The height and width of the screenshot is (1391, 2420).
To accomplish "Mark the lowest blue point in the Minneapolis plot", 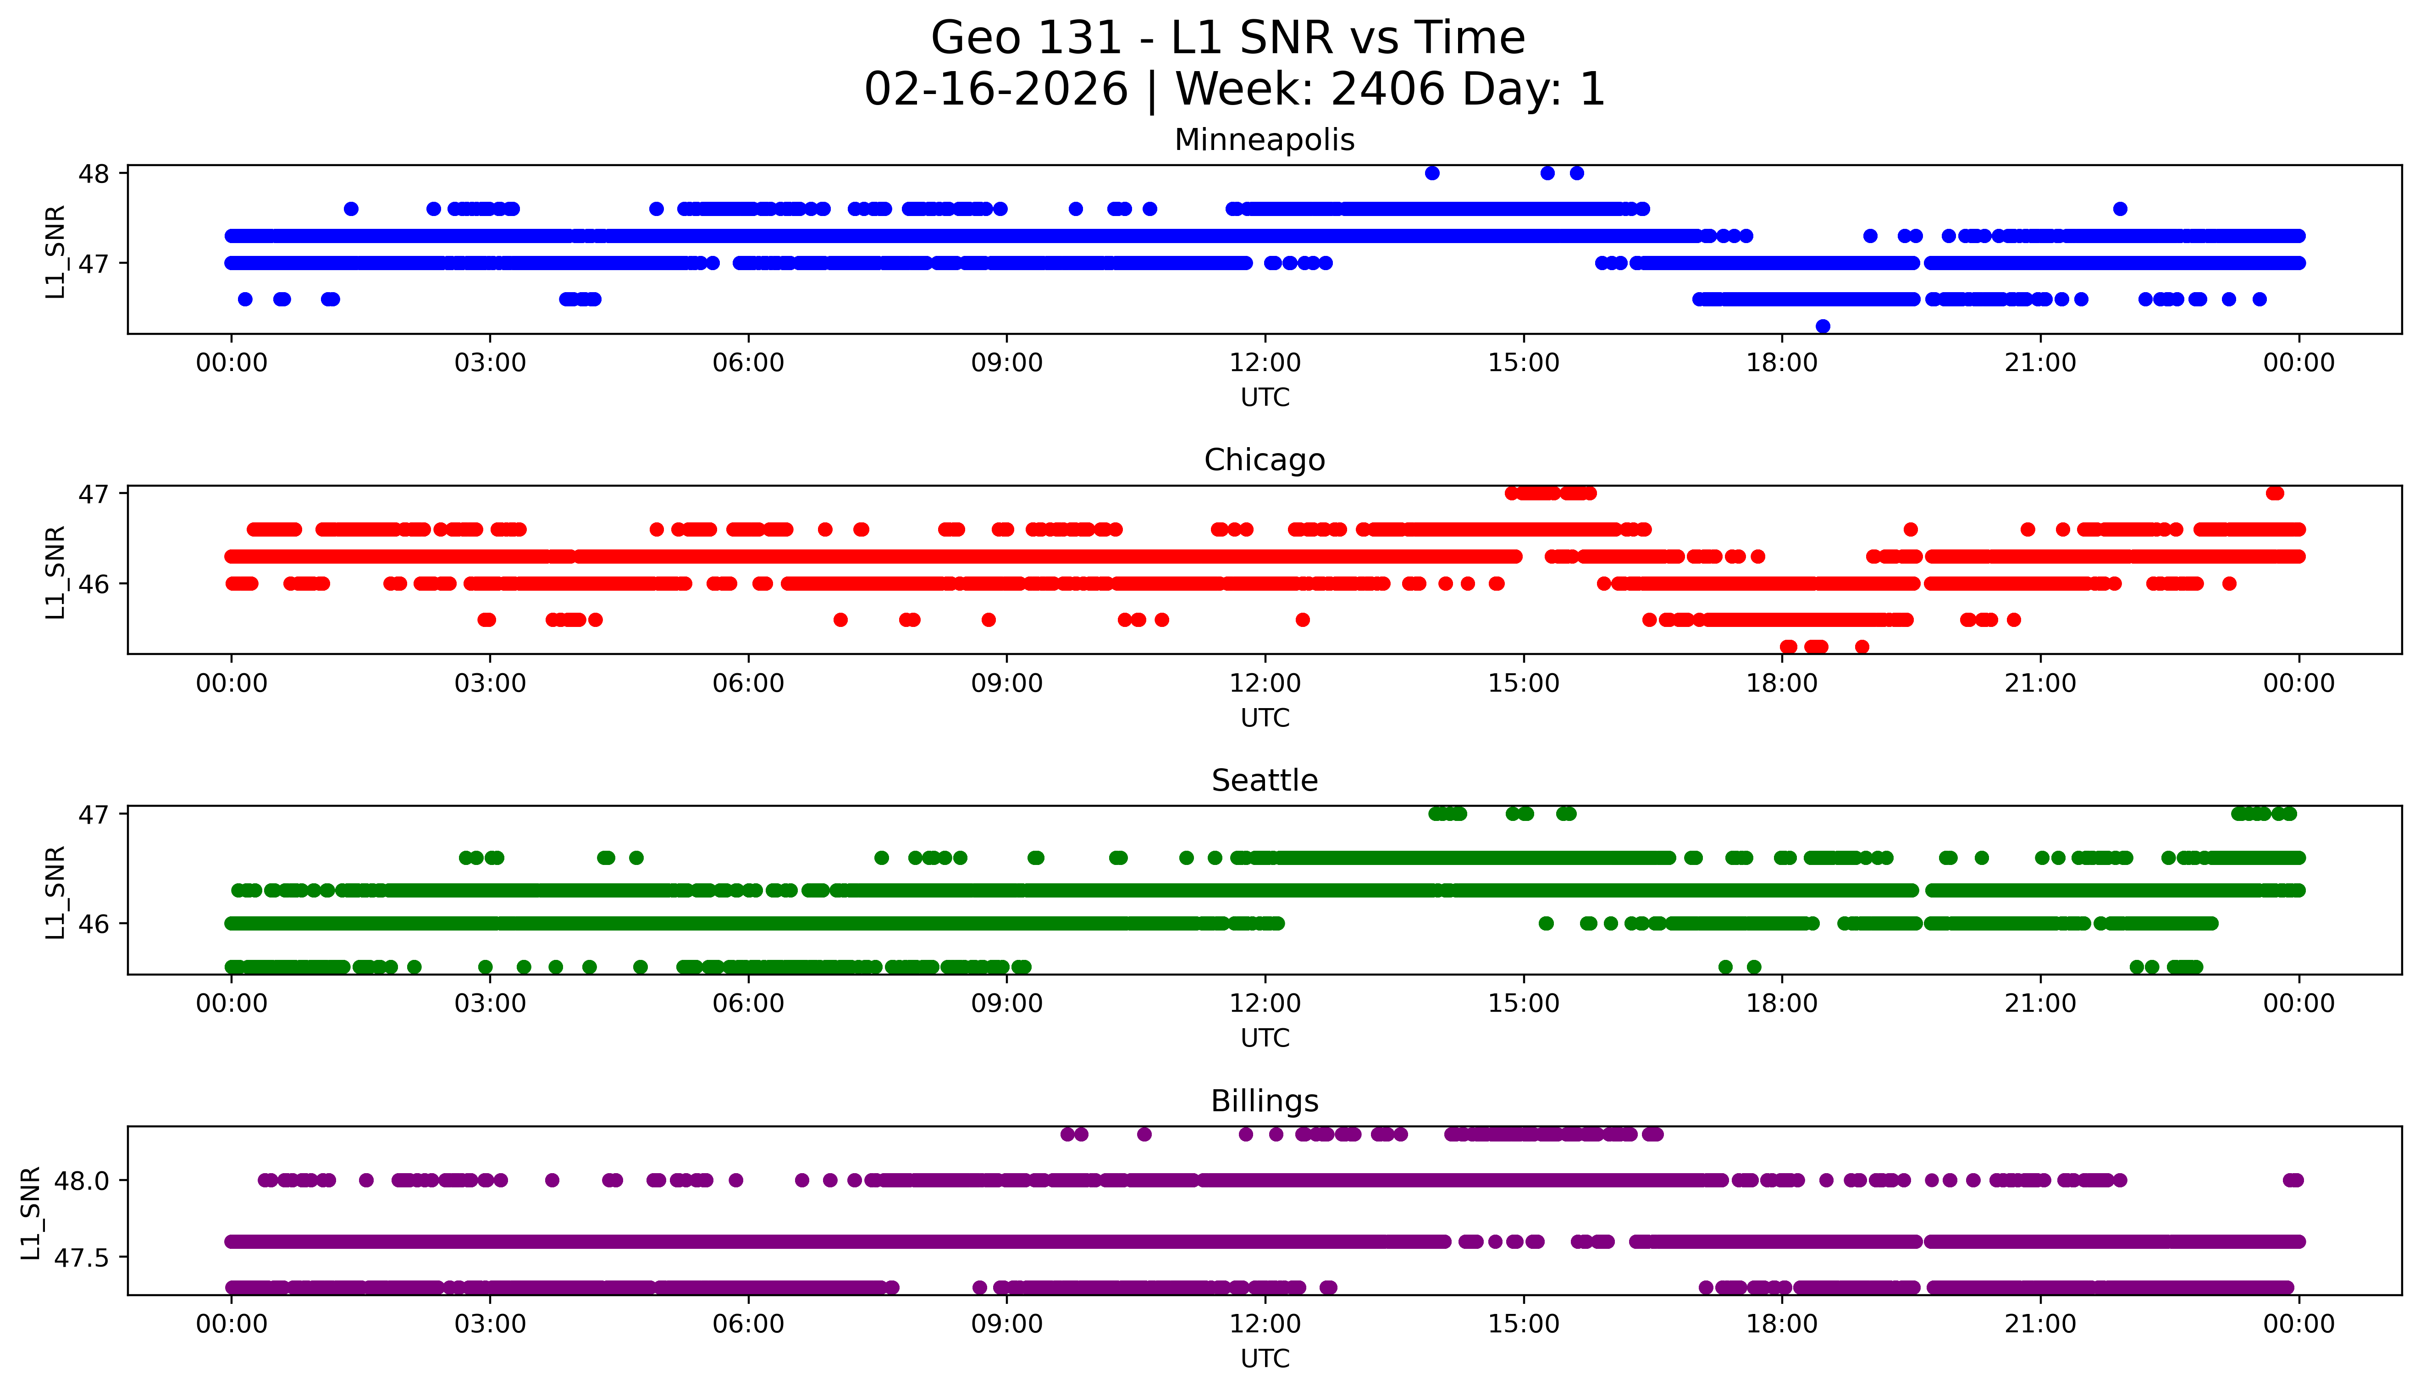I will pyautogui.click(x=1822, y=326).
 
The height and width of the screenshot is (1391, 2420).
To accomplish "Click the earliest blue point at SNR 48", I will pyautogui.click(x=1431, y=173).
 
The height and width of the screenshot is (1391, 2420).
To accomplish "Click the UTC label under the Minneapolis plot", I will pyautogui.click(x=1265, y=398).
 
